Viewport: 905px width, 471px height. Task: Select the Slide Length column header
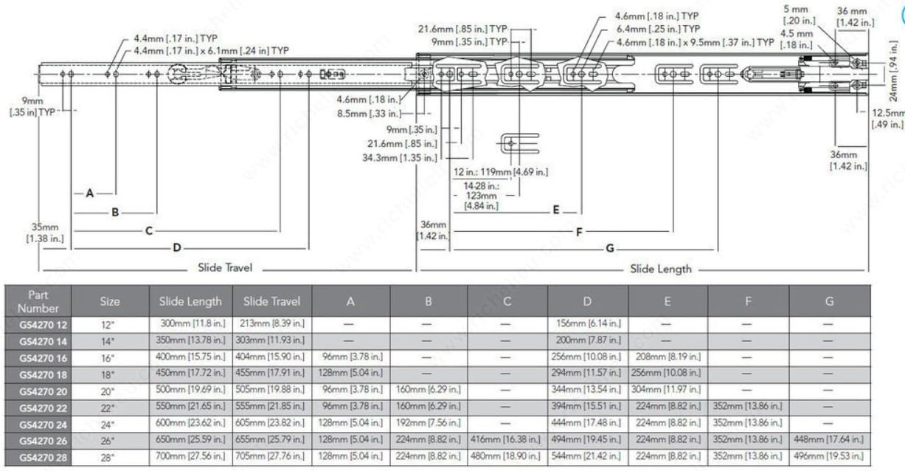[x=190, y=301]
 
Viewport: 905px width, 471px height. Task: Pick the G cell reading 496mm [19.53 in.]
[x=829, y=455]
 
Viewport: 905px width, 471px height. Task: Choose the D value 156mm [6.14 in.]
[x=587, y=324]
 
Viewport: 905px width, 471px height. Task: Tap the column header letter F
[x=748, y=301]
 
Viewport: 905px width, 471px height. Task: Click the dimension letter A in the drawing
[x=90, y=193]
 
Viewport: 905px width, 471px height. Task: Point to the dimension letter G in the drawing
[x=610, y=248]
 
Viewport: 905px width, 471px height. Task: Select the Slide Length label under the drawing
[x=661, y=269]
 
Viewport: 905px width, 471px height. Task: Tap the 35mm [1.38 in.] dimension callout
[x=44, y=232]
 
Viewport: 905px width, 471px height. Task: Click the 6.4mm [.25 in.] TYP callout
[x=659, y=29]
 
